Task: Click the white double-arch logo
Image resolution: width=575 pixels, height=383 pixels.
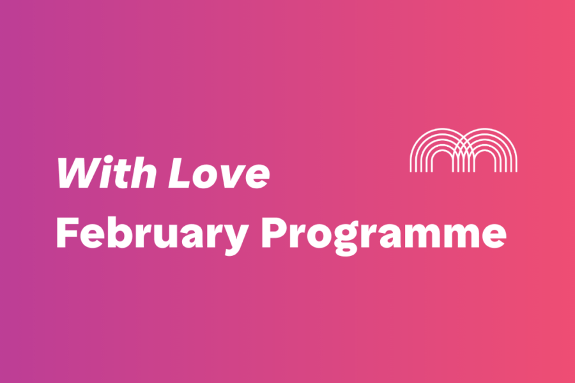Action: coord(463,150)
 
